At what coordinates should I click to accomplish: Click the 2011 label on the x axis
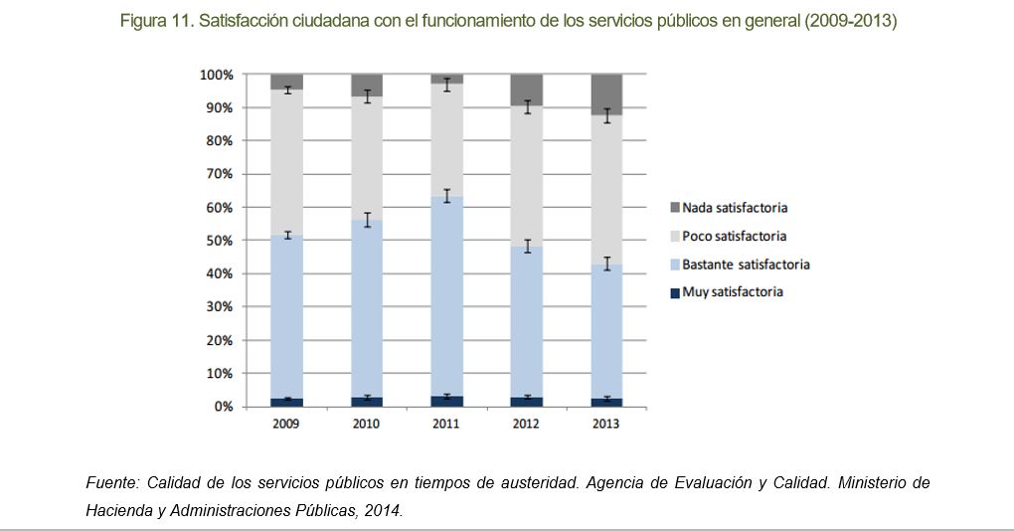[x=446, y=424]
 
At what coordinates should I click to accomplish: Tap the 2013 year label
[x=606, y=424]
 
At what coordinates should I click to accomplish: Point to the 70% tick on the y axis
[x=217, y=174]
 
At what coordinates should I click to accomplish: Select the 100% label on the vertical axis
[x=215, y=75]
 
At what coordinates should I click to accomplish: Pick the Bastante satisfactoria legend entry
[x=747, y=265]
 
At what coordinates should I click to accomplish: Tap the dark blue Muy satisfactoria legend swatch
[x=675, y=293]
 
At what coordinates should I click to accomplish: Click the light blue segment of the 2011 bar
[x=446, y=298]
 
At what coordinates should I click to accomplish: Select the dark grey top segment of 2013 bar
[x=606, y=94]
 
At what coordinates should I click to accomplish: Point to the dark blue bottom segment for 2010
[x=367, y=402]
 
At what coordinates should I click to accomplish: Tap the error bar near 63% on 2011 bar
[x=446, y=196]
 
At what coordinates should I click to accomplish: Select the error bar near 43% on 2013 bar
[x=606, y=264]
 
